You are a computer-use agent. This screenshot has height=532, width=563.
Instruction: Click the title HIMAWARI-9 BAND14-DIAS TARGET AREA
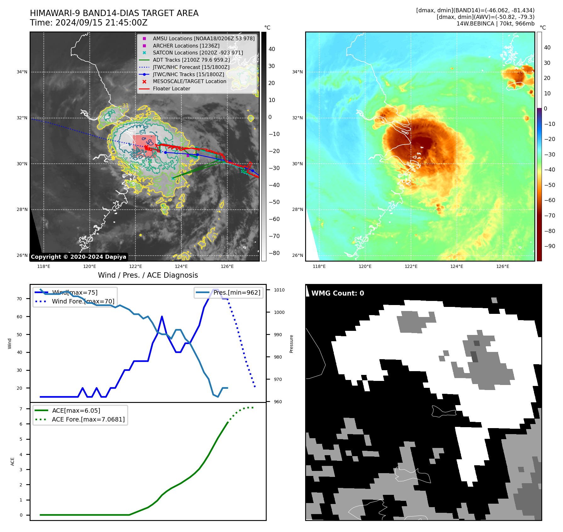coord(114,13)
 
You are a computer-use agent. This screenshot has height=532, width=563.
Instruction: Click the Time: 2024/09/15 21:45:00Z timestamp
coord(88,23)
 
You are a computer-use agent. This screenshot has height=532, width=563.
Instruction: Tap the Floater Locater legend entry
coord(171,89)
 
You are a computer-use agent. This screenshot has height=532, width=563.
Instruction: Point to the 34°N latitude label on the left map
coord(22,72)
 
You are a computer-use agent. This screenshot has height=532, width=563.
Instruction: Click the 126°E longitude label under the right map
coord(503,266)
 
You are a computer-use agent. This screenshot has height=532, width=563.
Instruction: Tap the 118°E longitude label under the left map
coord(44,266)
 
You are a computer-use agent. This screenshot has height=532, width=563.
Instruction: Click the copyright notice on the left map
coord(78,257)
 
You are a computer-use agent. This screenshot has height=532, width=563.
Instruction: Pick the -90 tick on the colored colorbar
coord(549,246)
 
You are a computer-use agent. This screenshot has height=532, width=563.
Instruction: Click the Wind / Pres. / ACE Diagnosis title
coord(148,275)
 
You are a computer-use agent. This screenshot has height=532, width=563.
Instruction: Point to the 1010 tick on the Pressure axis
coord(279,290)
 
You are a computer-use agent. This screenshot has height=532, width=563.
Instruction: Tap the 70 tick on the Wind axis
coord(20,299)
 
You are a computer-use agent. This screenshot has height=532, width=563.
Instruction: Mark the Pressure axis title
coord(292,344)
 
